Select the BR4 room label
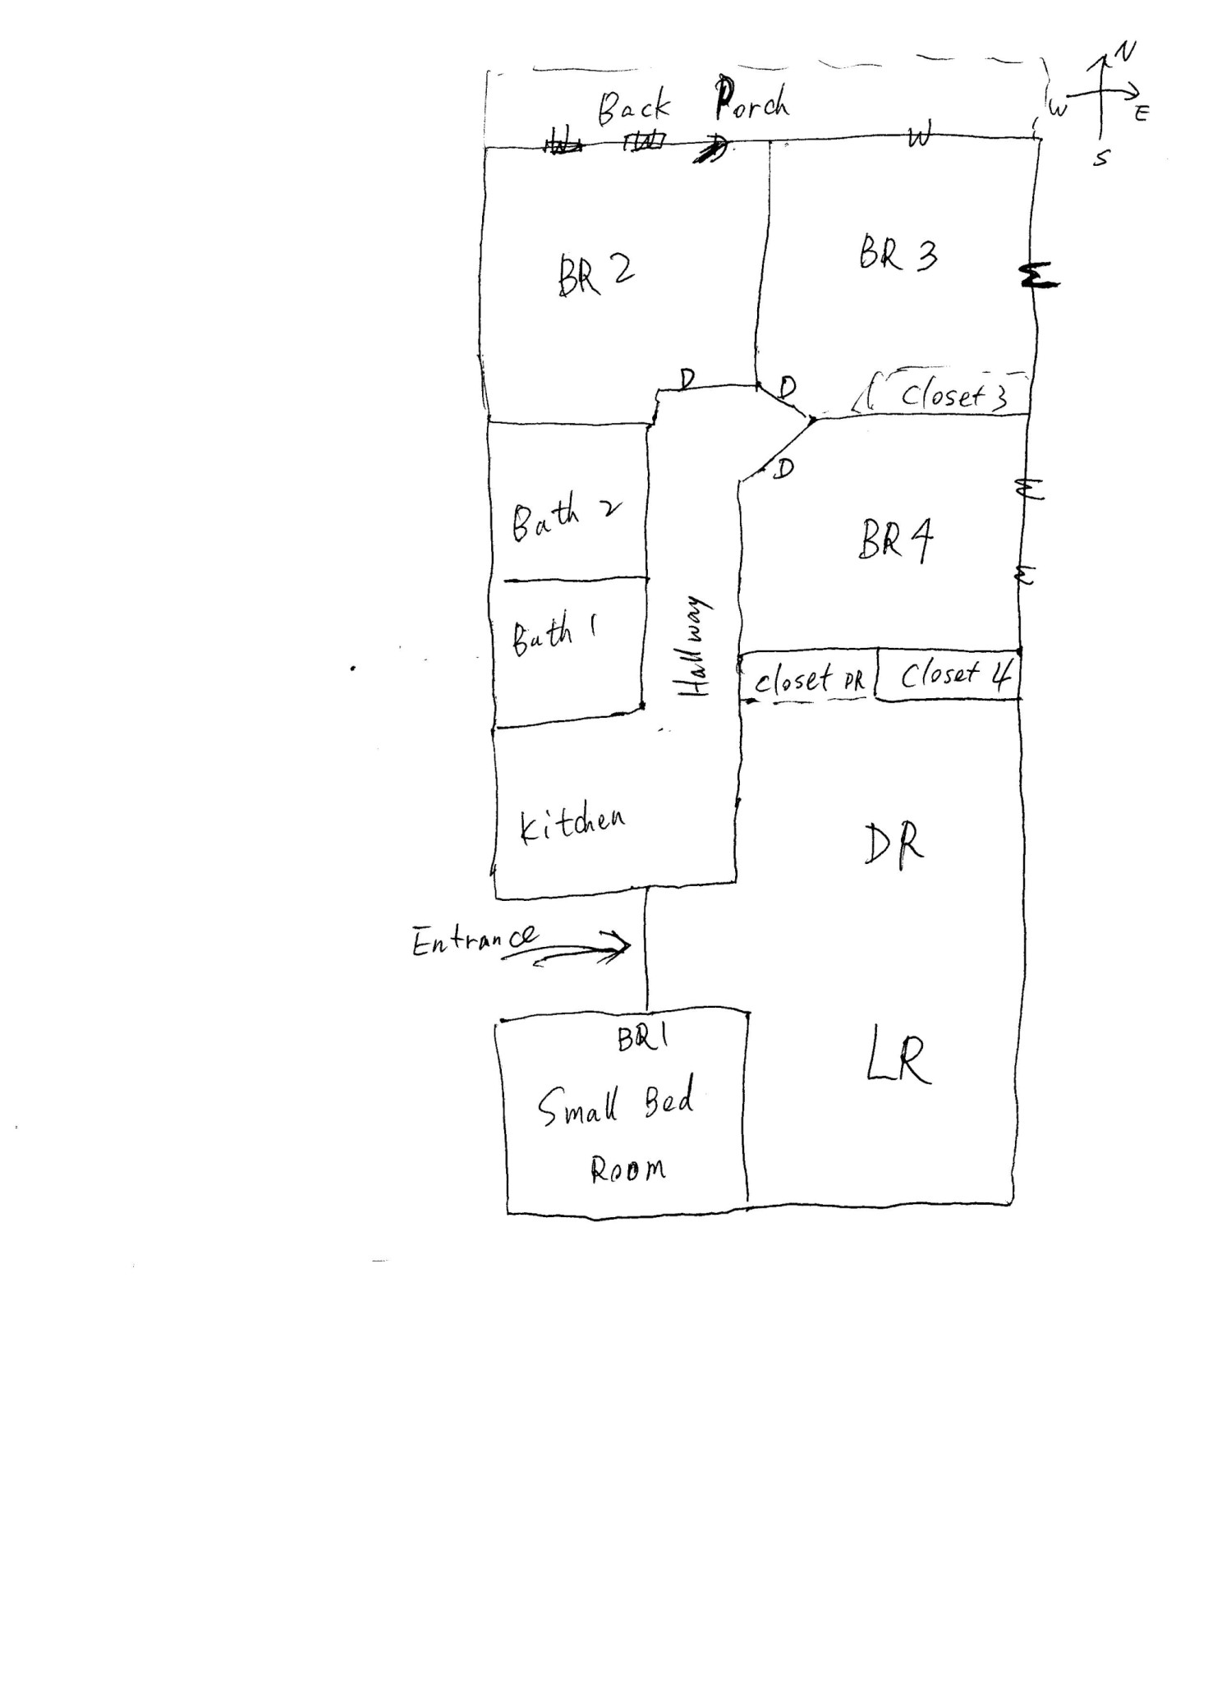(x=896, y=540)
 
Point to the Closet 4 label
(x=955, y=675)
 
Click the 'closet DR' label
(x=809, y=680)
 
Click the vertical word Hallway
(x=696, y=647)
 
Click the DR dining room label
(x=894, y=844)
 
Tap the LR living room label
(x=898, y=1059)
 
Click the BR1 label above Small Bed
(x=643, y=1039)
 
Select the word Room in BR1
(x=627, y=1170)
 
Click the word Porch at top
(x=751, y=100)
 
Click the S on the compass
(x=1100, y=159)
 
